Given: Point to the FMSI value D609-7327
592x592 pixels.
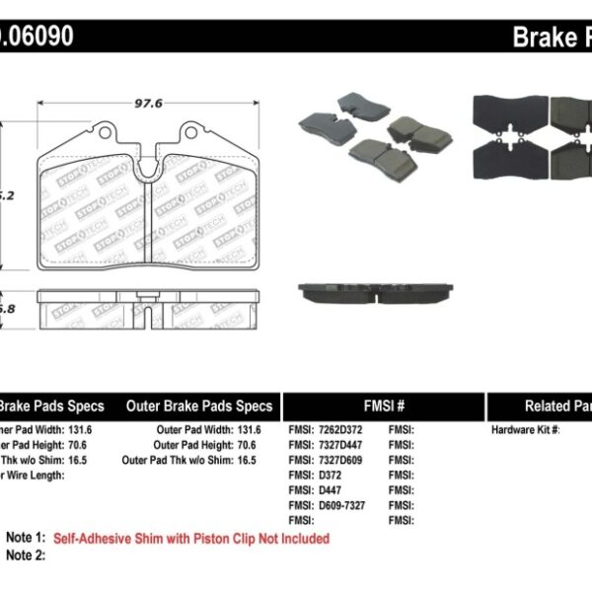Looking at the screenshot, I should click(x=345, y=504).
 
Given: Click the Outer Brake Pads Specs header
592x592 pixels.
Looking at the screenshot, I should click(x=199, y=406).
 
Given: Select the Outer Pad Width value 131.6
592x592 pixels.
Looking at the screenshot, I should click(x=249, y=430).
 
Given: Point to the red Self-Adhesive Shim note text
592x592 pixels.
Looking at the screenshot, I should click(x=191, y=539).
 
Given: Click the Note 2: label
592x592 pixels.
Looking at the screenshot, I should click(x=26, y=555).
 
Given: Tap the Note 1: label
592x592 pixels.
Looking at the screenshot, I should click(x=26, y=539).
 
